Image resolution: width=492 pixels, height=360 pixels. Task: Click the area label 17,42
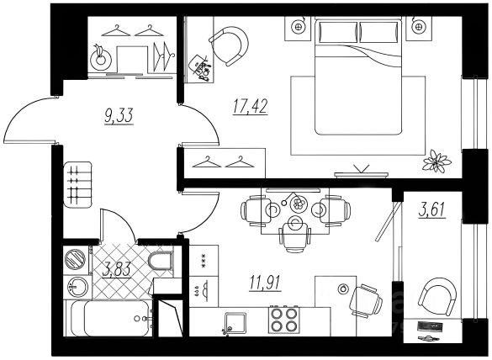(x=250, y=106)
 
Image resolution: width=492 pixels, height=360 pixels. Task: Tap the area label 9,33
(x=119, y=115)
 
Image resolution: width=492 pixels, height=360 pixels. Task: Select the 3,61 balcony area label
(x=432, y=209)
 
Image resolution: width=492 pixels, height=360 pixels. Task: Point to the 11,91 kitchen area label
(x=265, y=282)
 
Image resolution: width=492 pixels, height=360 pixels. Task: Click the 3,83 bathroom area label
(x=116, y=270)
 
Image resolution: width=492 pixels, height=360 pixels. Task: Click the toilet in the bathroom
(x=161, y=262)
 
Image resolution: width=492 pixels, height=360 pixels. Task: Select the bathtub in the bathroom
(x=110, y=318)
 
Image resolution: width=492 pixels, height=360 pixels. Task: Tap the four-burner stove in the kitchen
(x=283, y=320)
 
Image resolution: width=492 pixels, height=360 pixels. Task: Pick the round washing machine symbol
(x=76, y=260)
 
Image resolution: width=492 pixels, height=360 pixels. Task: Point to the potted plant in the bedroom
(x=436, y=161)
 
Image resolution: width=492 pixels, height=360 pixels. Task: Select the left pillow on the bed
(x=337, y=32)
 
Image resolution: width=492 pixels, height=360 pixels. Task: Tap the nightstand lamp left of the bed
(x=297, y=27)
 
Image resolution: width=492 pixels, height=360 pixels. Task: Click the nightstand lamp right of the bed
(x=418, y=27)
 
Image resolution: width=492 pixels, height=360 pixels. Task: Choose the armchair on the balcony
(x=437, y=298)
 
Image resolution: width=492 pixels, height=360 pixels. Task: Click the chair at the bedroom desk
(x=230, y=45)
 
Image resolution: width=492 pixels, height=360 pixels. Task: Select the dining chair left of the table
(x=252, y=210)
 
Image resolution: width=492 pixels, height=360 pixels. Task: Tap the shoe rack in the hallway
(x=77, y=184)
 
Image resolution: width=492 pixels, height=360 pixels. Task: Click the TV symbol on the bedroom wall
(x=361, y=172)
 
